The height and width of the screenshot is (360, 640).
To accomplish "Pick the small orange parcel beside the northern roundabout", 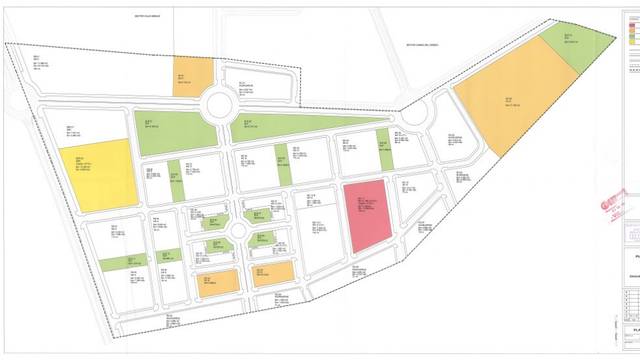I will click(193, 73).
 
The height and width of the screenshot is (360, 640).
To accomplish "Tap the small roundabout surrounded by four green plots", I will click(237, 232).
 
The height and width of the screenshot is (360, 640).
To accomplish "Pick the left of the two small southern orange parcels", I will click(218, 282).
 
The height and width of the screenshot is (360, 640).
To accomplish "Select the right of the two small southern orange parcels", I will click(273, 274).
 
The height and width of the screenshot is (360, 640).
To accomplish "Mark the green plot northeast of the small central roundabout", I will click(257, 214).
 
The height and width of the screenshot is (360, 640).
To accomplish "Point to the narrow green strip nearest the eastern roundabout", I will click(385, 150).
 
